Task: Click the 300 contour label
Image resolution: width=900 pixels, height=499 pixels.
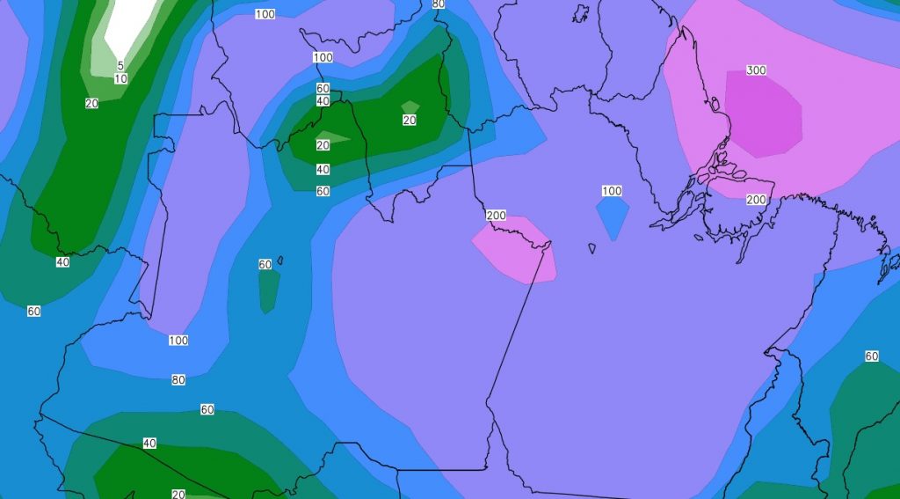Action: coord(756,70)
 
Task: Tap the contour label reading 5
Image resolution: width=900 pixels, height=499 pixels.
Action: coord(120,65)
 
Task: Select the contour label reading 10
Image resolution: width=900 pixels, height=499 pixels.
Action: coord(120,79)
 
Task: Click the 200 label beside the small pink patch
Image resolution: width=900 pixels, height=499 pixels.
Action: coord(496,216)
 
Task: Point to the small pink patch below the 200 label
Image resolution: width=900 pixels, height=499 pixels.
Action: coord(516,252)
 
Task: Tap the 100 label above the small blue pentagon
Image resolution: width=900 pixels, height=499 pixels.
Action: coord(612,191)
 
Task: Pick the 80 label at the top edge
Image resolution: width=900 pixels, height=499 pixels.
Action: coord(439,4)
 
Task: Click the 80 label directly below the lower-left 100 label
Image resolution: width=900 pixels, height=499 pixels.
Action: coord(178,380)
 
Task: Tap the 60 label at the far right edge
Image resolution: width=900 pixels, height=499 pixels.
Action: coord(871,356)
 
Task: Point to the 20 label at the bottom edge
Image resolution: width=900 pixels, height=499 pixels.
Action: coord(178,494)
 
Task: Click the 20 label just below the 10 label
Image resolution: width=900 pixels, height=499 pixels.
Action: coord(91,104)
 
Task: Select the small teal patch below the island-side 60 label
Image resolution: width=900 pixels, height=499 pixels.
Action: coord(269,290)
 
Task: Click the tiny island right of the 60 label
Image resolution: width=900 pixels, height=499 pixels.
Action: coord(279,260)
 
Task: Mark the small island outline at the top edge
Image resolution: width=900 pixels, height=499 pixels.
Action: coord(580,13)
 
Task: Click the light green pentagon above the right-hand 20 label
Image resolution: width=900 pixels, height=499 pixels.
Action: coord(410,106)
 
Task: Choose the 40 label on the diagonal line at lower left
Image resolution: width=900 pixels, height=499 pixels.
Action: coord(149,443)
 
